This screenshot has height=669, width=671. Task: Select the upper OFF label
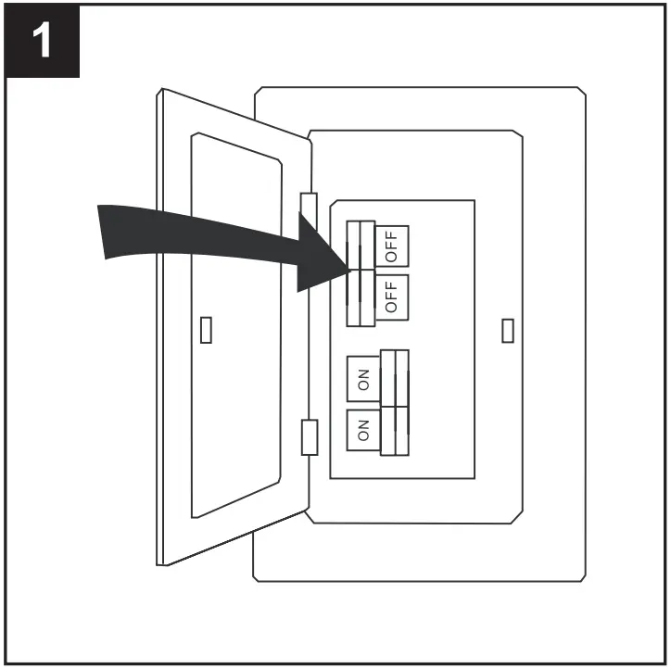(391, 245)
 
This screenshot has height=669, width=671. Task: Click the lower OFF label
(391, 296)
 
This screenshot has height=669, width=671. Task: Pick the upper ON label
(363, 380)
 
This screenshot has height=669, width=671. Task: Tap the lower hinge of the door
(310, 436)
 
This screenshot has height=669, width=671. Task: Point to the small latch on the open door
(206, 330)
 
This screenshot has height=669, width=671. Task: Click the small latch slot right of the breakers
(507, 330)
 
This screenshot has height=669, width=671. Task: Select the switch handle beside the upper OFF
(360, 246)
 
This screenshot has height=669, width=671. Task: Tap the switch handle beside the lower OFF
(360, 297)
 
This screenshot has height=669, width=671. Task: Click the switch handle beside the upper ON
(394, 378)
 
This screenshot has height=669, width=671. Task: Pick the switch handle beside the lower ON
(394, 430)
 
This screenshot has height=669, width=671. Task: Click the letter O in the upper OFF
(391, 255)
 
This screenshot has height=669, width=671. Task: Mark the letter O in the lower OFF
(391, 306)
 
